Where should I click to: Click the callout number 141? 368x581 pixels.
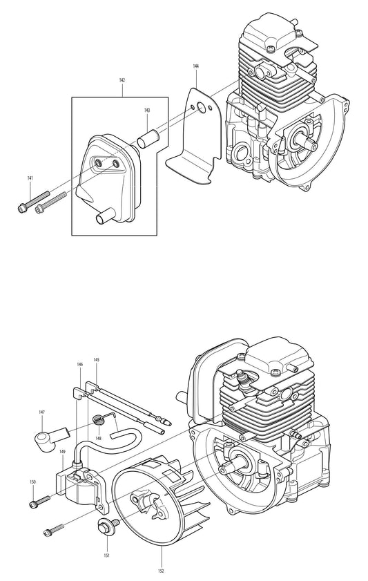[30, 179]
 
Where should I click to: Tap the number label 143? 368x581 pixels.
[146, 111]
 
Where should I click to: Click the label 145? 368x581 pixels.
[96, 360]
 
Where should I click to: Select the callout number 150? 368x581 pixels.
[32, 482]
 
